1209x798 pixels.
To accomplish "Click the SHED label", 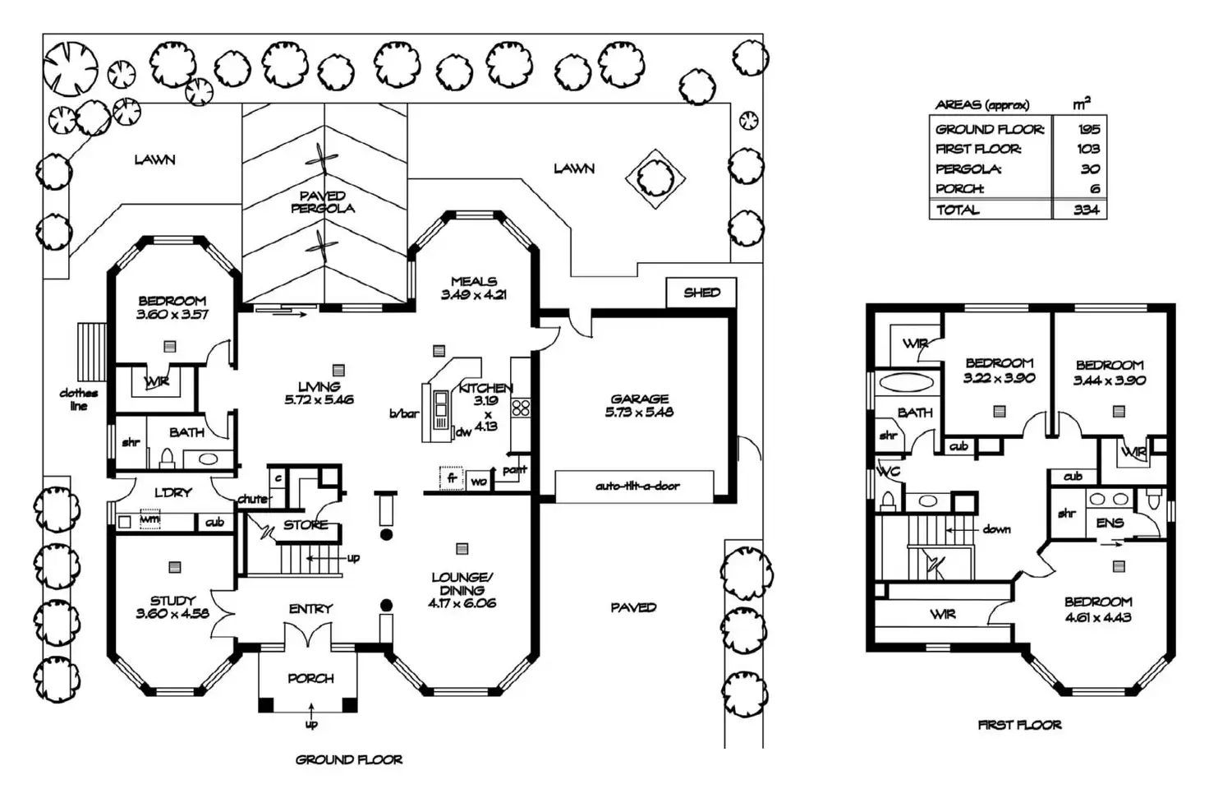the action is (x=701, y=293).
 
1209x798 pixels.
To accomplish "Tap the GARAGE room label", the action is (x=639, y=399).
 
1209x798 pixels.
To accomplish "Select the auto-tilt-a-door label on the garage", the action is (x=637, y=486).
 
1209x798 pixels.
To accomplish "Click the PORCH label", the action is (x=310, y=679).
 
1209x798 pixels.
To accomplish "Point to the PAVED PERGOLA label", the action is (x=323, y=202).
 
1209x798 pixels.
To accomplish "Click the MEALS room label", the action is (x=474, y=281).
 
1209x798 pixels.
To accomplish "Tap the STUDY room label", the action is (x=172, y=601).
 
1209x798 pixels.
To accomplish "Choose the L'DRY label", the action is (x=172, y=492).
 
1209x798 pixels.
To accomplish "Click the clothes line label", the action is (x=78, y=399).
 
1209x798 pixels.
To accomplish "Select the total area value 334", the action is (x=1086, y=210).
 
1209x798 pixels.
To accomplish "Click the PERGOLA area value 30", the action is (x=1090, y=168).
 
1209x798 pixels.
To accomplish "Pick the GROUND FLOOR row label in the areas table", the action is (x=990, y=129).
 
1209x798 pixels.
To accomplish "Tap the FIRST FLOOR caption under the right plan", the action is (x=1019, y=725).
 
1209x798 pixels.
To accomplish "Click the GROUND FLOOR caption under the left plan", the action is (x=349, y=760).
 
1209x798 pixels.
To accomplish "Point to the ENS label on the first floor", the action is (x=1110, y=523).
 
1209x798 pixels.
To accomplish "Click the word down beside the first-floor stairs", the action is (x=996, y=529).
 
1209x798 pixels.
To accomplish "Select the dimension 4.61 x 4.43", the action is (x=1098, y=617).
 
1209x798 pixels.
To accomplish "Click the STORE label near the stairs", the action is (x=306, y=525).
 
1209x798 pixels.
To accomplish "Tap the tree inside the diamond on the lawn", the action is (x=655, y=176).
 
